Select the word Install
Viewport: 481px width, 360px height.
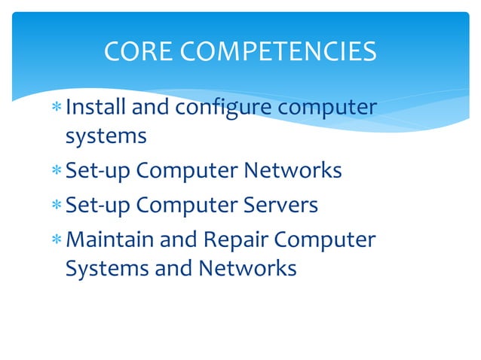[96, 108]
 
